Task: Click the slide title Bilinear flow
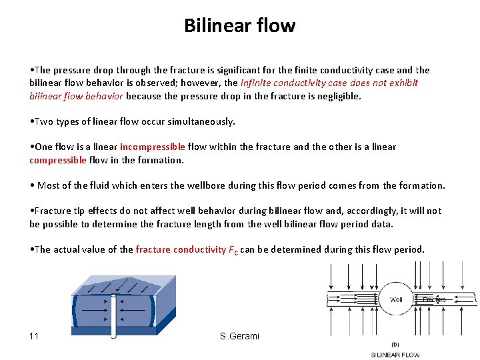[239, 25]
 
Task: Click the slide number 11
[35, 335]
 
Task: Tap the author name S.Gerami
[239, 335]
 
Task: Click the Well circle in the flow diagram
[396, 299]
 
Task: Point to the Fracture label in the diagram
[434, 299]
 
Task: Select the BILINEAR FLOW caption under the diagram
[395, 355]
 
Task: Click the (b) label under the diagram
[396, 345]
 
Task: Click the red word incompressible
[152, 147]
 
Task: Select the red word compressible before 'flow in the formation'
[58, 160]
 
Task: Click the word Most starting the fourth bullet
[49, 185]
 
